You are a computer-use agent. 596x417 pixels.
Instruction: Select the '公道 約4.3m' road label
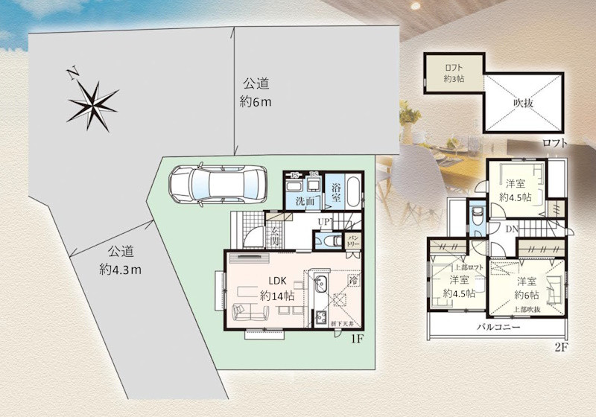pos(121,260)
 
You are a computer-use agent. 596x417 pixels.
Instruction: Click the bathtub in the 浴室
pos(354,193)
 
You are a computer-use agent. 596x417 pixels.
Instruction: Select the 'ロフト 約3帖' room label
pos(454,72)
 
